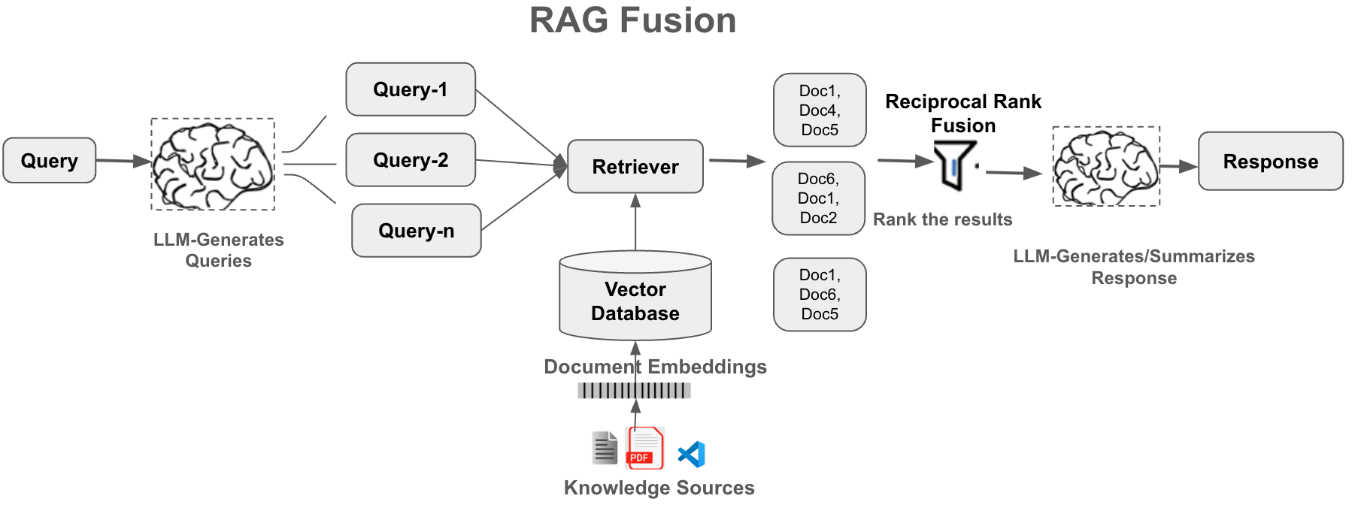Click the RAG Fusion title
tap(632, 20)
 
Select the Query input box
tap(50, 160)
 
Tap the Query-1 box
tap(411, 89)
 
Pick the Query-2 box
tap(411, 160)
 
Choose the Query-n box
tap(416, 231)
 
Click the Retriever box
tap(635, 166)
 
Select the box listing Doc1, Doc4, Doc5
tap(820, 110)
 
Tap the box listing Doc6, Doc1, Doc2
tap(818, 198)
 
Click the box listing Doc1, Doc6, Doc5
tap(820, 295)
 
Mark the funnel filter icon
tap(954, 165)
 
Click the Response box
tap(1270, 162)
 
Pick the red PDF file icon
tap(644, 448)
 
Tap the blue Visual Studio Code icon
tap(692, 454)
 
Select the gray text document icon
tap(605, 448)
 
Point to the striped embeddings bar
tap(634, 390)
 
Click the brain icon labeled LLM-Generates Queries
tap(213, 165)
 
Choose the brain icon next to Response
tap(1105, 166)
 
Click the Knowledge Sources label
tap(659, 488)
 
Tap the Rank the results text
tap(942, 219)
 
